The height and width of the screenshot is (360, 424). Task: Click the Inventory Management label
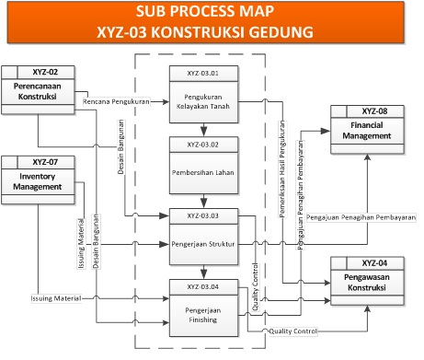[40, 181]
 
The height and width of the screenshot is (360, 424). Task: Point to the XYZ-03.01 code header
[204, 72]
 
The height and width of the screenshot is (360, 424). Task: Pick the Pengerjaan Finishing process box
[204, 316]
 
